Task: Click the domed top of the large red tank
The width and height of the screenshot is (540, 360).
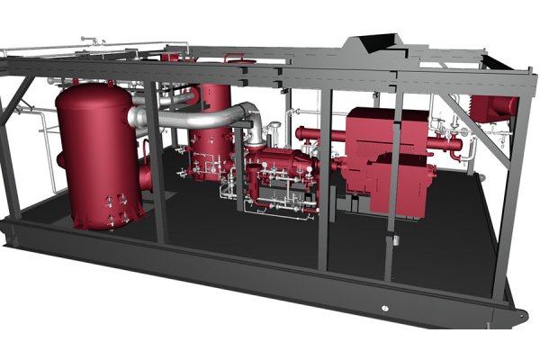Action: point(90,90)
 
